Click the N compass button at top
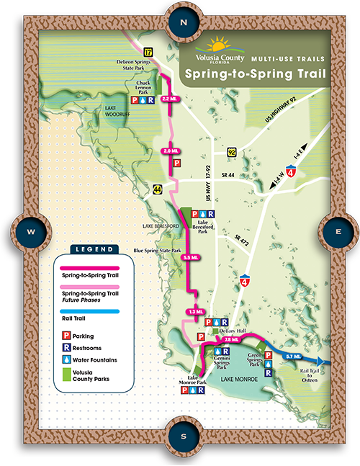pos(184,22)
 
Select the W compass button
pos(30,233)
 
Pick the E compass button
pos(338,232)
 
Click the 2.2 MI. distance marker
pos(170,99)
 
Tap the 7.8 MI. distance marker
pos(231,339)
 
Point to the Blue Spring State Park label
pos(147,251)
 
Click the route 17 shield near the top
pos(148,52)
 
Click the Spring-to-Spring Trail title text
pos(255,73)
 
